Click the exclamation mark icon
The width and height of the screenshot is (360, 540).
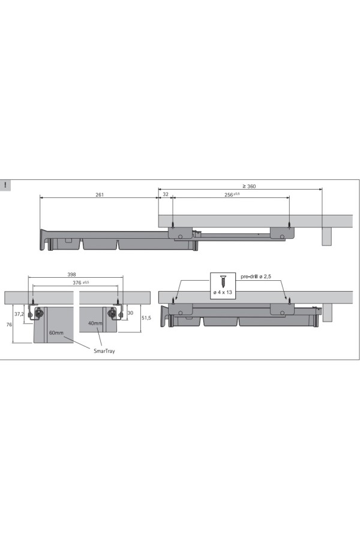5,185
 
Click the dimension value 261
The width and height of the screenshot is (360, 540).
100,194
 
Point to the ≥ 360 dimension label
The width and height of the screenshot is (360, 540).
249,187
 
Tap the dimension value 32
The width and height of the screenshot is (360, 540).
166,194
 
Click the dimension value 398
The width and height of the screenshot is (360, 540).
71,274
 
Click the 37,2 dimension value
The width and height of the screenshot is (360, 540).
19,314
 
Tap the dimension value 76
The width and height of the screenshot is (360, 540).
9,325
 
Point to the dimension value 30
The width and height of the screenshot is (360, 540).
130,313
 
